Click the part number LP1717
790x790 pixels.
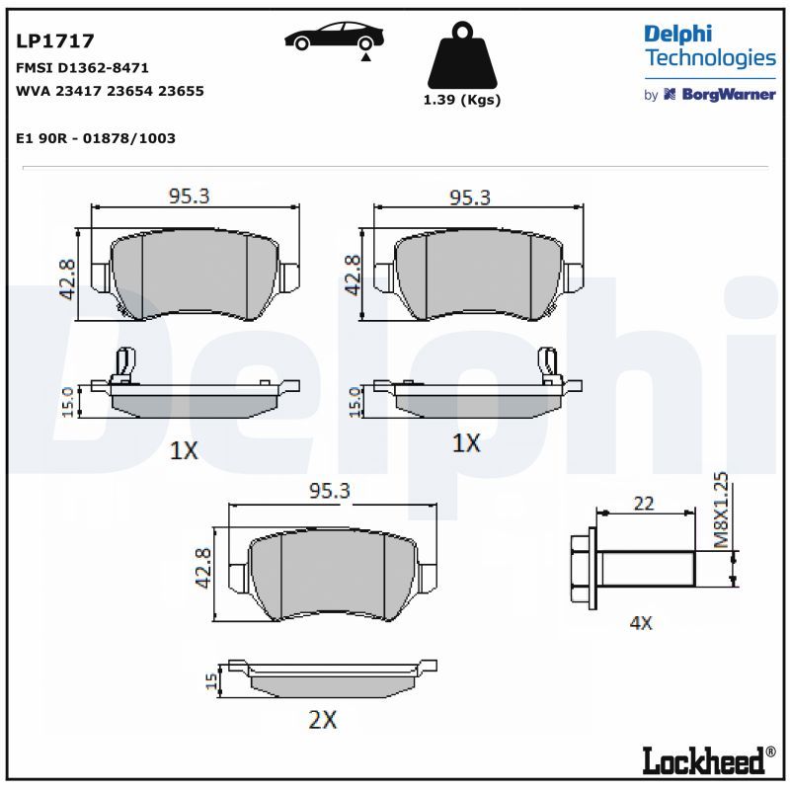(55, 40)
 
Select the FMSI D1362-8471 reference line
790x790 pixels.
(82, 67)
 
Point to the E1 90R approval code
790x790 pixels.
(96, 138)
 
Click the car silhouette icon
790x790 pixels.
(334, 37)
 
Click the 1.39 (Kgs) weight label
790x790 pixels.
(462, 100)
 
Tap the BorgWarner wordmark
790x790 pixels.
(729, 94)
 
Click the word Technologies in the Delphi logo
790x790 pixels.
(710, 58)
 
